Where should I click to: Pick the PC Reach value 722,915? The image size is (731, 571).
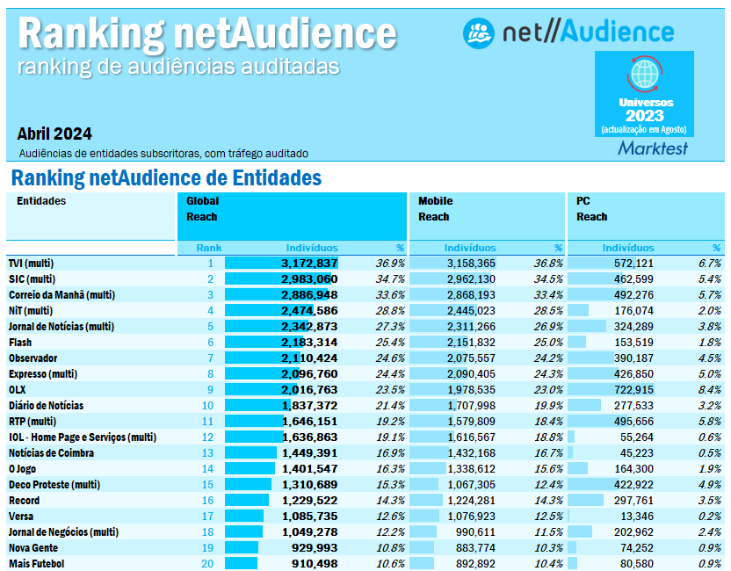click(x=633, y=389)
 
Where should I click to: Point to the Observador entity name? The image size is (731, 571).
click(x=33, y=358)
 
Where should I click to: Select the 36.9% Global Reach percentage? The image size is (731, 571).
click(x=390, y=263)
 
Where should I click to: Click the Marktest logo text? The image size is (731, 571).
click(x=653, y=148)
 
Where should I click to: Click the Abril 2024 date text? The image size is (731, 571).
click(x=54, y=134)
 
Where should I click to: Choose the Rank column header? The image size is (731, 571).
click(x=209, y=248)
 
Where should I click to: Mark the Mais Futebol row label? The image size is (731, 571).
click(x=36, y=563)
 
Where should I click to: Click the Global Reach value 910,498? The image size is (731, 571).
click(x=309, y=563)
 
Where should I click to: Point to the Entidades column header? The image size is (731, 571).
click(x=41, y=201)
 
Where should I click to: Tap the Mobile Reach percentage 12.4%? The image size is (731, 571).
click(x=548, y=484)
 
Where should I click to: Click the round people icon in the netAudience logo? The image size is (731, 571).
click(x=480, y=33)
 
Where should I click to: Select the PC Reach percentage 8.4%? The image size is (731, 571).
click(x=709, y=389)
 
